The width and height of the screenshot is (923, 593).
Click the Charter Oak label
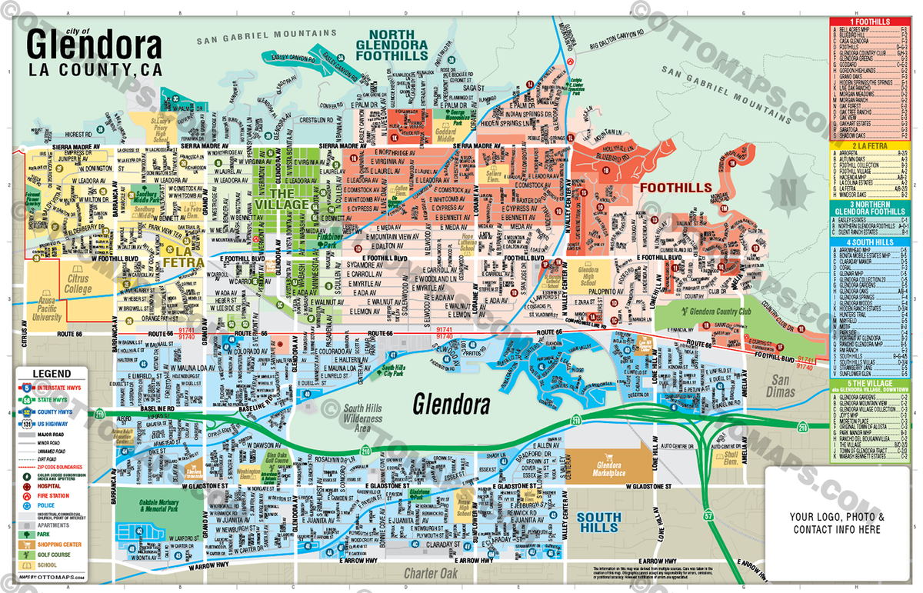click(x=442, y=573)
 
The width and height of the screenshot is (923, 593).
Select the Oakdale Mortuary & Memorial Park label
click(x=149, y=507)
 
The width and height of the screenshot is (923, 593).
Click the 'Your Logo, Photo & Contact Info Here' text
click(x=842, y=523)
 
